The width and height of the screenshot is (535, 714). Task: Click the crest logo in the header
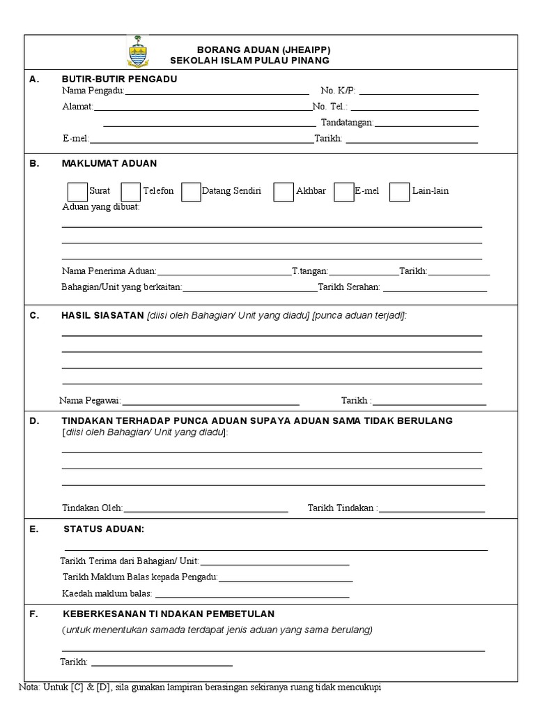[137, 52]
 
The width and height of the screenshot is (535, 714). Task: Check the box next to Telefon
[131, 192]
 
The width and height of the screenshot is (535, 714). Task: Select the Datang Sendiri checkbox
[191, 192]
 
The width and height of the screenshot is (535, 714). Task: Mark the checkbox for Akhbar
[284, 192]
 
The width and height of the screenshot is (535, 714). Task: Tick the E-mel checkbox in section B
[344, 192]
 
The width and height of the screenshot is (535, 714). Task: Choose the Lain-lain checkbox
[399, 192]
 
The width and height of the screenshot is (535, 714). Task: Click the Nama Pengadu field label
[93, 91]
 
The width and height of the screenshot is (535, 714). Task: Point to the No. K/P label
[338, 91]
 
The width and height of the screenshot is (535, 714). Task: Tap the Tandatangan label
[347, 123]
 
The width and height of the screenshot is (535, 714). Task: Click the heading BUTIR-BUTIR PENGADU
[119, 79]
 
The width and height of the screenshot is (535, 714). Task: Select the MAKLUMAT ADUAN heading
[109, 163]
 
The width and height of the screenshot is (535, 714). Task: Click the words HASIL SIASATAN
[102, 315]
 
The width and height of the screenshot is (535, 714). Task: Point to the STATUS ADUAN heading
[104, 529]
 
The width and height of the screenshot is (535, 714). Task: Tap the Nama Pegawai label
[91, 400]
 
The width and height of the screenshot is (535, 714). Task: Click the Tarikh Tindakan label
[342, 508]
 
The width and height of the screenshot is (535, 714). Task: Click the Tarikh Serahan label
[349, 287]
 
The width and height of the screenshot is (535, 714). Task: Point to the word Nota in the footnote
[29, 687]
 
